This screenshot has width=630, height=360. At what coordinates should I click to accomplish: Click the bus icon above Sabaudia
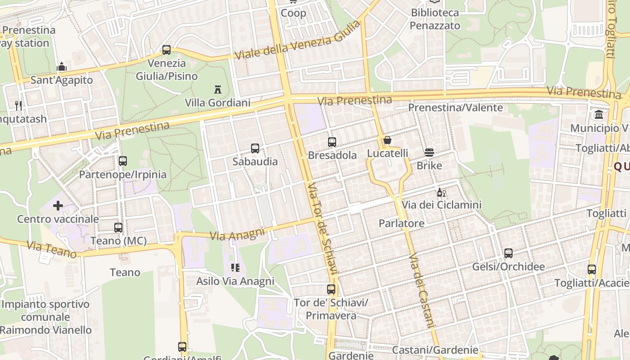[255, 148]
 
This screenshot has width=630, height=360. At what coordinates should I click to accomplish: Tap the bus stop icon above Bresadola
[332, 142]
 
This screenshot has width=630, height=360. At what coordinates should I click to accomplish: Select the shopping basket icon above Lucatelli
[387, 140]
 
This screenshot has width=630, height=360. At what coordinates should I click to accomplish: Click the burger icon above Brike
[429, 153]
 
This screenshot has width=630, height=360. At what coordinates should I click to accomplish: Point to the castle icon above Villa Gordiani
[218, 89]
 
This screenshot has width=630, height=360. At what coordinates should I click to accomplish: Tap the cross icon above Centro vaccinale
[58, 206]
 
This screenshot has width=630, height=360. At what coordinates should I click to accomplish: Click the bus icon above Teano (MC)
[118, 228]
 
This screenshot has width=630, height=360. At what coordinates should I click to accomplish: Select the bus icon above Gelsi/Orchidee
[508, 253]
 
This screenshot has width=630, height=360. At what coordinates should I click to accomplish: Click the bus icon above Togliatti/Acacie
[592, 270]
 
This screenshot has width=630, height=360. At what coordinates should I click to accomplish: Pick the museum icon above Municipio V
[599, 115]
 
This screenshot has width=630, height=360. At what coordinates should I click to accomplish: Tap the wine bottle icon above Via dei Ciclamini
[441, 193]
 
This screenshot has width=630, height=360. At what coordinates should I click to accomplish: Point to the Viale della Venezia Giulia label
[298, 41]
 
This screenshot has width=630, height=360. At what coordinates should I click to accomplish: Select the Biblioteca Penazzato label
[435, 19]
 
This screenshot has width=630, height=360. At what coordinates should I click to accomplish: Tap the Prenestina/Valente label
[455, 108]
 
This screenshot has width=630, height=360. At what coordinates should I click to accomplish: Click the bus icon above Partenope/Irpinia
[123, 161]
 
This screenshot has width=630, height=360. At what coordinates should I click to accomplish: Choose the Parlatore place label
[401, 223]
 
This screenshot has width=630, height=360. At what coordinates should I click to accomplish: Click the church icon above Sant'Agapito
[62, 67]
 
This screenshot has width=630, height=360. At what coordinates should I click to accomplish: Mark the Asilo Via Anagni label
[235, 281]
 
